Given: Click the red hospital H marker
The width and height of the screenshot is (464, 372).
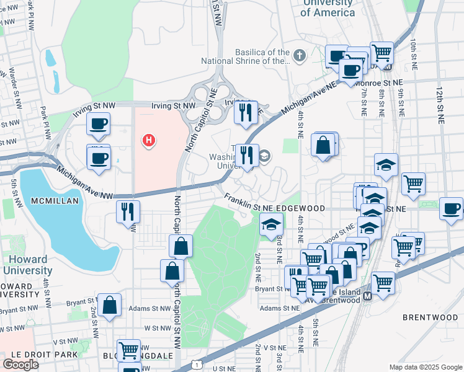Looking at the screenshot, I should coord(148,141).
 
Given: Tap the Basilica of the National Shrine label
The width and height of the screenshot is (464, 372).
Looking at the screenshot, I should coord(246,57).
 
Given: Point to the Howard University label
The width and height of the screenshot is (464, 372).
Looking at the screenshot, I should coord(27,265).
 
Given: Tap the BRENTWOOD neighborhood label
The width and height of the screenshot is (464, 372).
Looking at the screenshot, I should coord(430,317).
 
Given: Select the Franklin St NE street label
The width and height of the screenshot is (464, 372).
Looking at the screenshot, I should coord(249,201).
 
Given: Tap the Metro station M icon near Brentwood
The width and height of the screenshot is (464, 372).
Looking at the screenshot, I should coord(368,296).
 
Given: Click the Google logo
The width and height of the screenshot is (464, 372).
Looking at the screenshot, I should coord(20,365).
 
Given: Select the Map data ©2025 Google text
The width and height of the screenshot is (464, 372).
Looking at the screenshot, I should coord(425,367).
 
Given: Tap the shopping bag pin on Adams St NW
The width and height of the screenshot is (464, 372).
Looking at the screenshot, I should coord(110,305).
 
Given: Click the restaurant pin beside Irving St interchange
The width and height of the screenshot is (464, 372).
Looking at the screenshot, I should coord(246,112).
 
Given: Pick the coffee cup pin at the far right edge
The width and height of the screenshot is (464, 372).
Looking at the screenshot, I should coord(451,209).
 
